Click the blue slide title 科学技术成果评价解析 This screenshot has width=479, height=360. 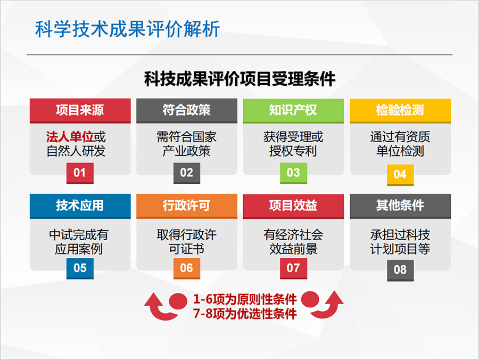click(x=127, y=29)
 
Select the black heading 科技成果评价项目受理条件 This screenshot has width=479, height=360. click(x=240, y=79)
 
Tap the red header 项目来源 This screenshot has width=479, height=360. click(x=80, y=111)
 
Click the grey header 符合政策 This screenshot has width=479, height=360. click(x=187, y=111)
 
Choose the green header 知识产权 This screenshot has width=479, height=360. click(x=293, y=111)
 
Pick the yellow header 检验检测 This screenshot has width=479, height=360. click(x=400, y=111)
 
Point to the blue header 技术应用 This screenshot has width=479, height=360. click(x=80, y=206)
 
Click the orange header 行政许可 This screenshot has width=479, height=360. click(x=187, y=206)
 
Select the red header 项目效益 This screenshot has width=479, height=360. click(x=293, y=206)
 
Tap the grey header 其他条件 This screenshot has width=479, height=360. click(x=400, y=206)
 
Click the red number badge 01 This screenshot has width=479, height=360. click(x=80, y=173)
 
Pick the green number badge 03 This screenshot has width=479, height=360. click(x=293, y=173)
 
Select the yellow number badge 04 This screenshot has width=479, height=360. click(x=400, y=175)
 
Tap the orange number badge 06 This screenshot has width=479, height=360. click(x=187, y=268)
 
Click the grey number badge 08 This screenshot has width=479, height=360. click(x=400, y=271)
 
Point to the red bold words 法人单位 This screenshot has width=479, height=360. click(x=70, y=137)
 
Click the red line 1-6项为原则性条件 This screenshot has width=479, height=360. click(x=245, y=299)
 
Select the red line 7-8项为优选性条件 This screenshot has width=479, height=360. click(x=245, y=314)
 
